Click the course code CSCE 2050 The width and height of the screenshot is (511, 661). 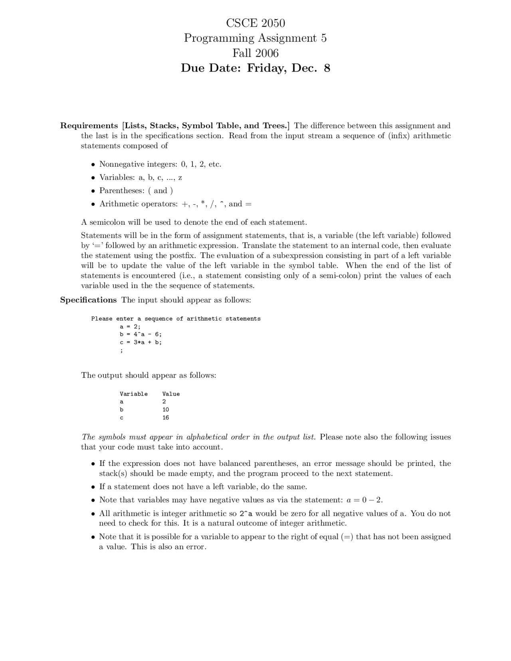pyautogui.click(x=255, y=23)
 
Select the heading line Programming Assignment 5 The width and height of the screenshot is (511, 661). pyautogui.click(x=255, y=38)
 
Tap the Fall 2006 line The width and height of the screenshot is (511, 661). pyautogui.click(x=255, y=53)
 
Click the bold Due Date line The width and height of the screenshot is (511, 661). pyautogui.click(x=255, y=68)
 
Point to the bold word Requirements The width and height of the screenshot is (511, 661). pyautogui.click(x=89, y=126)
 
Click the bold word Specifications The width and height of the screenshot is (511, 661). pyautogui.click(x=88, y=300)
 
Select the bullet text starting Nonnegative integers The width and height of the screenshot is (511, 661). pyautogui.click(x=160, y=164)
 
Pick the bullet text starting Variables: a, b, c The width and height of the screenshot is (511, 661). pyautogui.click(x=141, y=177)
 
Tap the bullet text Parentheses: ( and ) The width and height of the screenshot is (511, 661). pyautogui.click(x=136, y=190)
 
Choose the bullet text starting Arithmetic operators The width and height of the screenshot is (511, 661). pyautogui.click(x=175, y=204)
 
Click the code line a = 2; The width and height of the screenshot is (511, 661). pyautogui.click(x=130, y=327)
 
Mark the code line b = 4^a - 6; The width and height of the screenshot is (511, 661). pyautogui.click(x=141, y=334)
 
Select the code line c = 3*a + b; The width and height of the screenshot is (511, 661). pyautogui.click(x=141, y=342)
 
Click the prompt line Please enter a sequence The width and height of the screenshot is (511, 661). pyautogui.click(x=176, y=319)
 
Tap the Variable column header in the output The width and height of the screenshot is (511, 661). pyautogui.click(x=134, y=394)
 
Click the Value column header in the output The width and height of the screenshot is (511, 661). pyautogui.click(x=171, y=394)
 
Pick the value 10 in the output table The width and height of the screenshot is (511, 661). pyautogui.click(x=166, y=410)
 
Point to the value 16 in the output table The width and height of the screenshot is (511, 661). pyautogui.click(x=166, y=418)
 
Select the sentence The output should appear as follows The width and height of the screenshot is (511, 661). pyautogui.click(x=149, y=375)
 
